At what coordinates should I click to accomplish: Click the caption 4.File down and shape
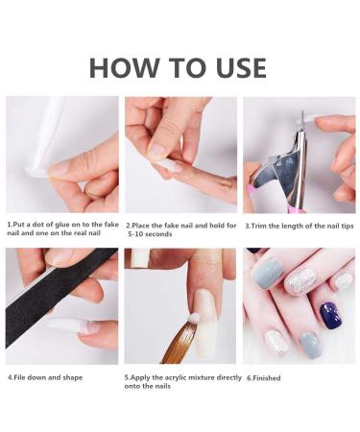pos(44,377)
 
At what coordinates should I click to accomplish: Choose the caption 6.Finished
pos(264,378)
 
